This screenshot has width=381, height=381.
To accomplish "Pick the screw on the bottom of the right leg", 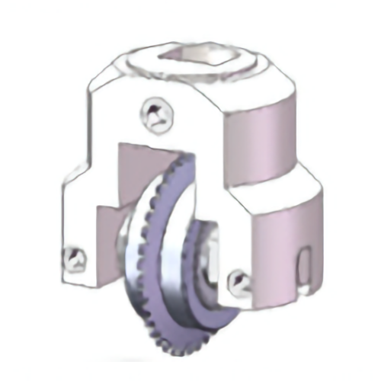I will coord(239,283).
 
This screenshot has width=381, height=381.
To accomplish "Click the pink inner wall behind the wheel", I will coord(130,175).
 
